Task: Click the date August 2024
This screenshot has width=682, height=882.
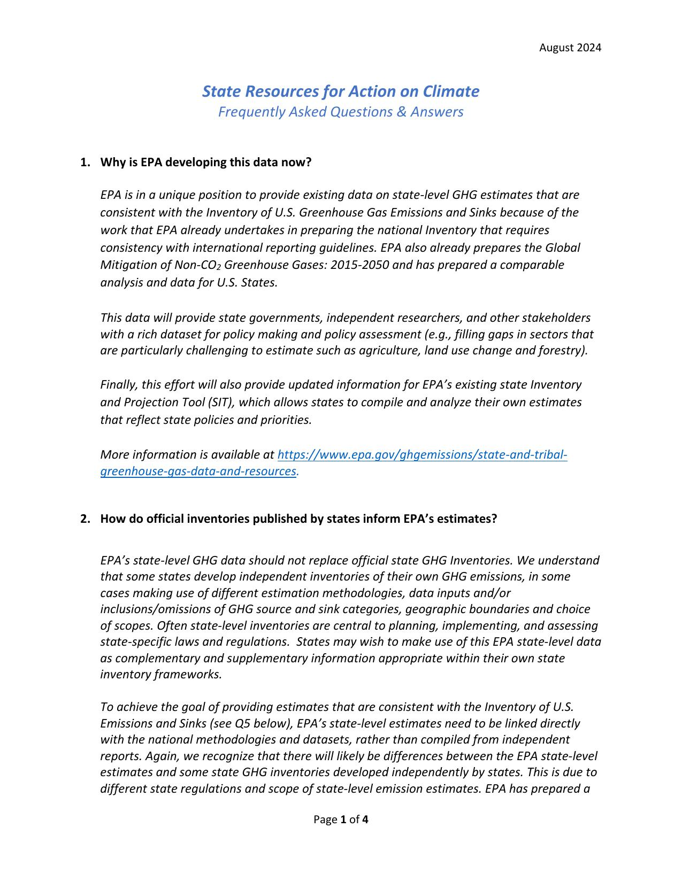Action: point(570,48)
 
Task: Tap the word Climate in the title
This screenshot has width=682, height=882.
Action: point(451,91)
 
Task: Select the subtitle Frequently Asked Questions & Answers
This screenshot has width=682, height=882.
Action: point(341,112)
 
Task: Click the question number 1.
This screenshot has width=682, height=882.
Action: point(85,163)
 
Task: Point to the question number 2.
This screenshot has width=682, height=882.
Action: point(85,519)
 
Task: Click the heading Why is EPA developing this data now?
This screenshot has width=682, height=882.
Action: point(205,163)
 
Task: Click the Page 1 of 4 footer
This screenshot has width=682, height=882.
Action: point(341,819)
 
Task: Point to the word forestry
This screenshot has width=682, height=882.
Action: point(565,351)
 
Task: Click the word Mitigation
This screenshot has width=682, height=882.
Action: point(127,265)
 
